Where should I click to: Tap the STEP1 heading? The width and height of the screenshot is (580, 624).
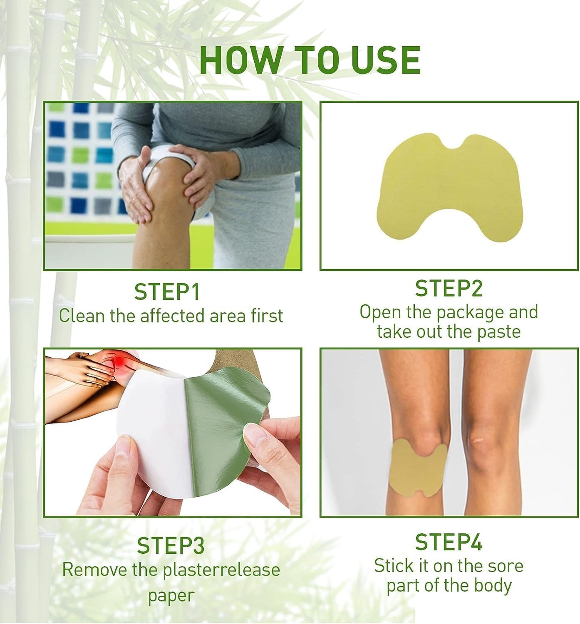coord(167,292)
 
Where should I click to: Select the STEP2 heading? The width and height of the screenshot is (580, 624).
coord(449,289)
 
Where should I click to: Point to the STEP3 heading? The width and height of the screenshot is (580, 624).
coord(171,546)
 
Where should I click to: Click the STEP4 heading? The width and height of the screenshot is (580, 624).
coord(449,542)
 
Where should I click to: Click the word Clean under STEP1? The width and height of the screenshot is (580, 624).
coord(82,316)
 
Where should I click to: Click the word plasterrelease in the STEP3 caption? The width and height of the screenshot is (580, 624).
coord(221,570)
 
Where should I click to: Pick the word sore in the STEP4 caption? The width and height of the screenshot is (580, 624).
coord(505,566)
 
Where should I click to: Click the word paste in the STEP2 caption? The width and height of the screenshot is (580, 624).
coord(499,332)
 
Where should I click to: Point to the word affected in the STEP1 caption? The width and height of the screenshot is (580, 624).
coord(172,316)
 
